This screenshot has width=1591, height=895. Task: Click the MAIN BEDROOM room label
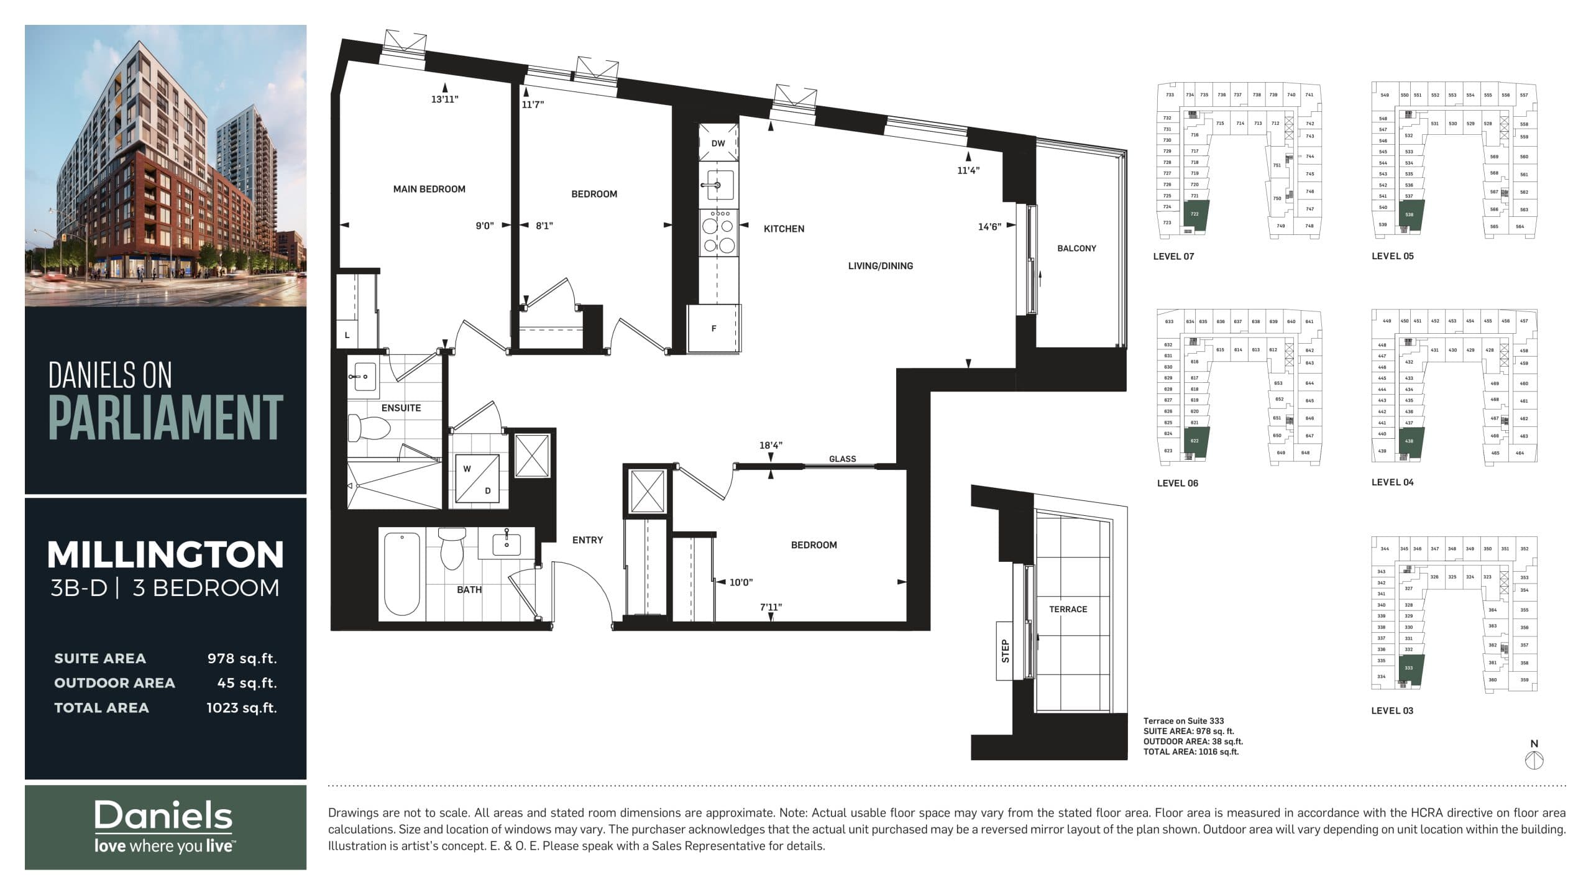429,189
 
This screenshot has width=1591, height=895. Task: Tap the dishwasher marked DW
718,143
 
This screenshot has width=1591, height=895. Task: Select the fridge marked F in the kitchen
713,329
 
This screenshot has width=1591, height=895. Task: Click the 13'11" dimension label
444,99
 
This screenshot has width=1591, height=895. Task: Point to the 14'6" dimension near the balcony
989,227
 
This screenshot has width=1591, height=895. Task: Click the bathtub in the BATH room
401,574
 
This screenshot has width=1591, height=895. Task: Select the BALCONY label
1076,248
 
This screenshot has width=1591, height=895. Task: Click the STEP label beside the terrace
1005,651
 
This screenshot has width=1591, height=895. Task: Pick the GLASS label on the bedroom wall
842,459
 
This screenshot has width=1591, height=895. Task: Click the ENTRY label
587,540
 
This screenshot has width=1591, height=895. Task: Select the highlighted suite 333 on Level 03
1409,668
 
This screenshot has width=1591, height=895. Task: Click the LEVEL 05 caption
1392,256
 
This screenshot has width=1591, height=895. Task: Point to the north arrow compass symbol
1534,760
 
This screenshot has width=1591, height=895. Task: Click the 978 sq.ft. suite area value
242,658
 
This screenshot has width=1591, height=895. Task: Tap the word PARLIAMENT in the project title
165,418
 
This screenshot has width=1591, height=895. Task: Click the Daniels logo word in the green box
163,815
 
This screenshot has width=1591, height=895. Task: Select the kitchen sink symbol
718,185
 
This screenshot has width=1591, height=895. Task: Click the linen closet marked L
347,335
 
